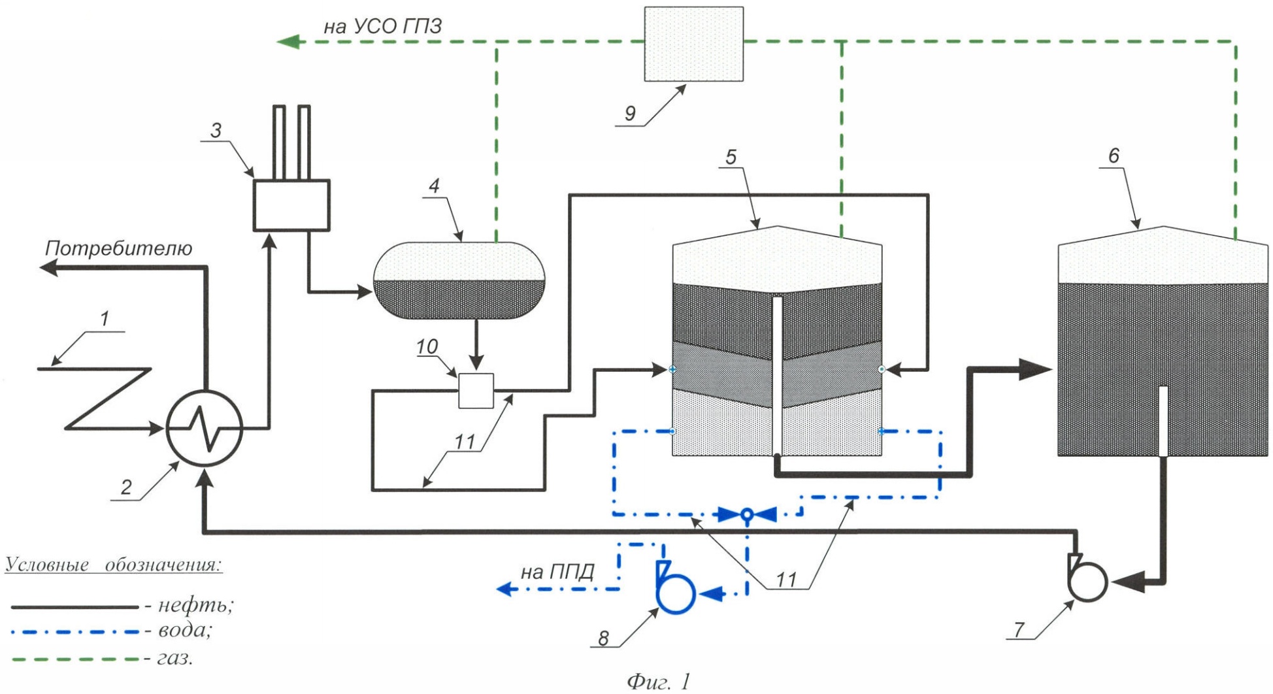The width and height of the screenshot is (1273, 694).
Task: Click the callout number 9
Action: coord(630,113)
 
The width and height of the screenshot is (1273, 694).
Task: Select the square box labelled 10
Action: coord(476,390)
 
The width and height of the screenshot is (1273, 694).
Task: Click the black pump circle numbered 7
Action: coord(1087,581)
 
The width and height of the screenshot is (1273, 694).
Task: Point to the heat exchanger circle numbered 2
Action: coord(205,428)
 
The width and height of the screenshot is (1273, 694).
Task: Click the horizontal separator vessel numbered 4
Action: coord(459,280)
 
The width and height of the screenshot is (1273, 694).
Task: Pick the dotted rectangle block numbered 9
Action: coord(693,44)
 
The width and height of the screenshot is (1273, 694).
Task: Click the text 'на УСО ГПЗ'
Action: coord(383,26)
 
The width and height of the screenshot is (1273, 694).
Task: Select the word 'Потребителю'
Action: coord(118,249)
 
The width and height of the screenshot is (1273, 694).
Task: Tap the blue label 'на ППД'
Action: coord(557,572)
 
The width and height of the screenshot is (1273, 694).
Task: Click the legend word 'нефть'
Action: coord(195,606)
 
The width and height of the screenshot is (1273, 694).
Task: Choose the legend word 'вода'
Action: coord(185,631)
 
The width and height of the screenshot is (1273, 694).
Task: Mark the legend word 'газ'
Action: coord(175,657)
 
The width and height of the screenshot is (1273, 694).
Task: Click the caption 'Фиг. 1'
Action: coord(658,682)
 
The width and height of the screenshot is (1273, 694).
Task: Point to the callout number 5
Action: coord(731,157)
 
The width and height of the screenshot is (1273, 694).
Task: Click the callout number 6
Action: coord(1114,156)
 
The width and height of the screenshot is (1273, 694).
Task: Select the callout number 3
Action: coord(216,130)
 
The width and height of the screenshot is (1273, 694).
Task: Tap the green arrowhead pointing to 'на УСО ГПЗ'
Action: coord(288,42)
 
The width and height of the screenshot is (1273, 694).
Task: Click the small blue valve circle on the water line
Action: coord(748,515)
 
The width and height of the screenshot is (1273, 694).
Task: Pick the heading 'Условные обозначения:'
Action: coord(114,565)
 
